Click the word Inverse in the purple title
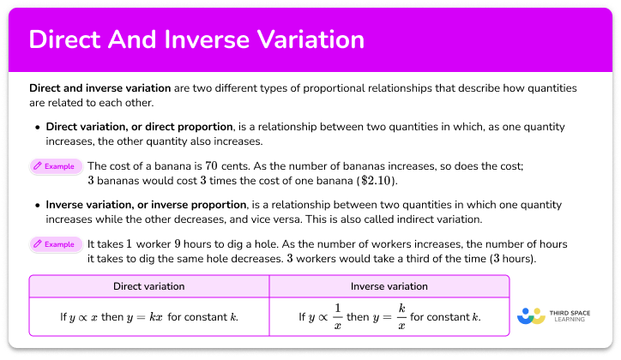[214, 40]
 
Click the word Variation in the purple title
[311, 40]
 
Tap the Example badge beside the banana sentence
[56, 166]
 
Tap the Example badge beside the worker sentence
[56, 244]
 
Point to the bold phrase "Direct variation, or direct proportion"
[140, 127]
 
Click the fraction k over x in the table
[400, 317]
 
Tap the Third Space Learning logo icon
[532, 316]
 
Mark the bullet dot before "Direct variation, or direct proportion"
[38, 127]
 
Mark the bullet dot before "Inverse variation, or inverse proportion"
[38, 206]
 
